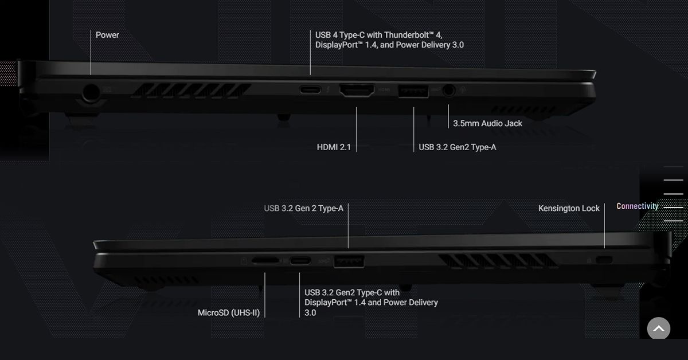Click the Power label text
(x=107, y=35)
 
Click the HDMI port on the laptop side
(x=357, y=90)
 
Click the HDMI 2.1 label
(x=333, y=147)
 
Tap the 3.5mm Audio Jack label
(x=487, y=123)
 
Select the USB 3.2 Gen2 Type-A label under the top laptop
(x=457, y=147)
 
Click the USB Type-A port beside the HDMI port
(x=413, y=90)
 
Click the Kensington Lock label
(x=569, y=208)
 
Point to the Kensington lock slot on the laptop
(x=604, y=260)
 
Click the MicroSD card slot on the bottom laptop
(x=265, y=261)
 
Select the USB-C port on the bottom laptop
(x=300, y=261)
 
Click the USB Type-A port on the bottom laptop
(x=349, y=261)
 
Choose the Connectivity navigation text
(x=637, y=206)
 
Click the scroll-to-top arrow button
(x=658, y=328)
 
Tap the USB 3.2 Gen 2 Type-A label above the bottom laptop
(x=303, y=208)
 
